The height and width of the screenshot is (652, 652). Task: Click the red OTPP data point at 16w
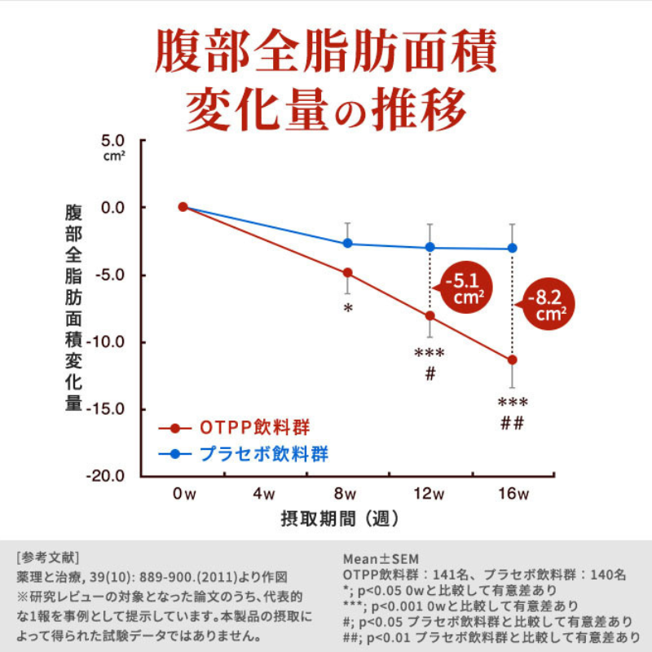point(512,359)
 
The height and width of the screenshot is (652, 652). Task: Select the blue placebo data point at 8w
point(347,243)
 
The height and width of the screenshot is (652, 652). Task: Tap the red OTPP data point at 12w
point(430,315)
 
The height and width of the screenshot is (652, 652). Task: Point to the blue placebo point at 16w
point(512,248)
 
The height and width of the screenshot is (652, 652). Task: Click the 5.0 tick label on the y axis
point(112,140)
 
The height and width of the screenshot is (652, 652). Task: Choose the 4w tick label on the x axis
point(265,494)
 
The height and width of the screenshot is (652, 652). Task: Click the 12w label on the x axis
point(429,494)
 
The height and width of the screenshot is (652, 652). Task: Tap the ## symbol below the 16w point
point(512,424)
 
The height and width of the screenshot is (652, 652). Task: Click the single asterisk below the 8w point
point(348,309)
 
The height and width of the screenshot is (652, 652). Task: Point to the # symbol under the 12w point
point(430,374)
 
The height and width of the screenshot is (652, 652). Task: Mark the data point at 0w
point(183,207)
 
